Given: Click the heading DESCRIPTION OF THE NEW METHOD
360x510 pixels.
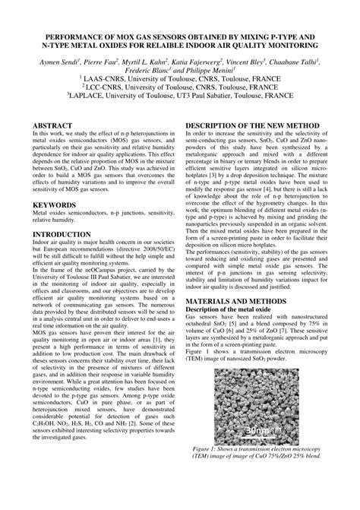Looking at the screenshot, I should click(x=251, y=124).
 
